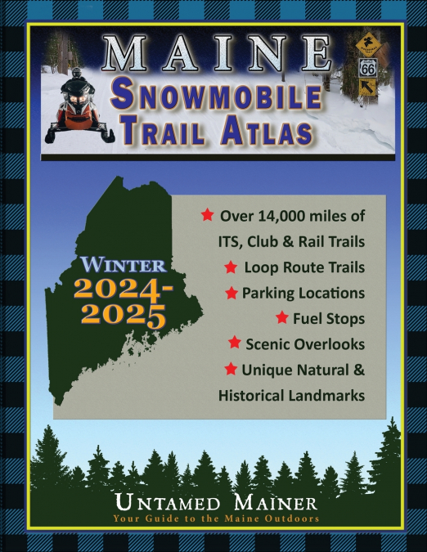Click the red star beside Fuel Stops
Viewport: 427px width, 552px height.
click(x=282, y=317)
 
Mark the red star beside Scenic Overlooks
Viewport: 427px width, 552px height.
click(x=235, y=343)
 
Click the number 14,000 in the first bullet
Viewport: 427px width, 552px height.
click(x=287, y=217)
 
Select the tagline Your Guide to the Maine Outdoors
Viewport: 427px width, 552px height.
click(x=216, y=518)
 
